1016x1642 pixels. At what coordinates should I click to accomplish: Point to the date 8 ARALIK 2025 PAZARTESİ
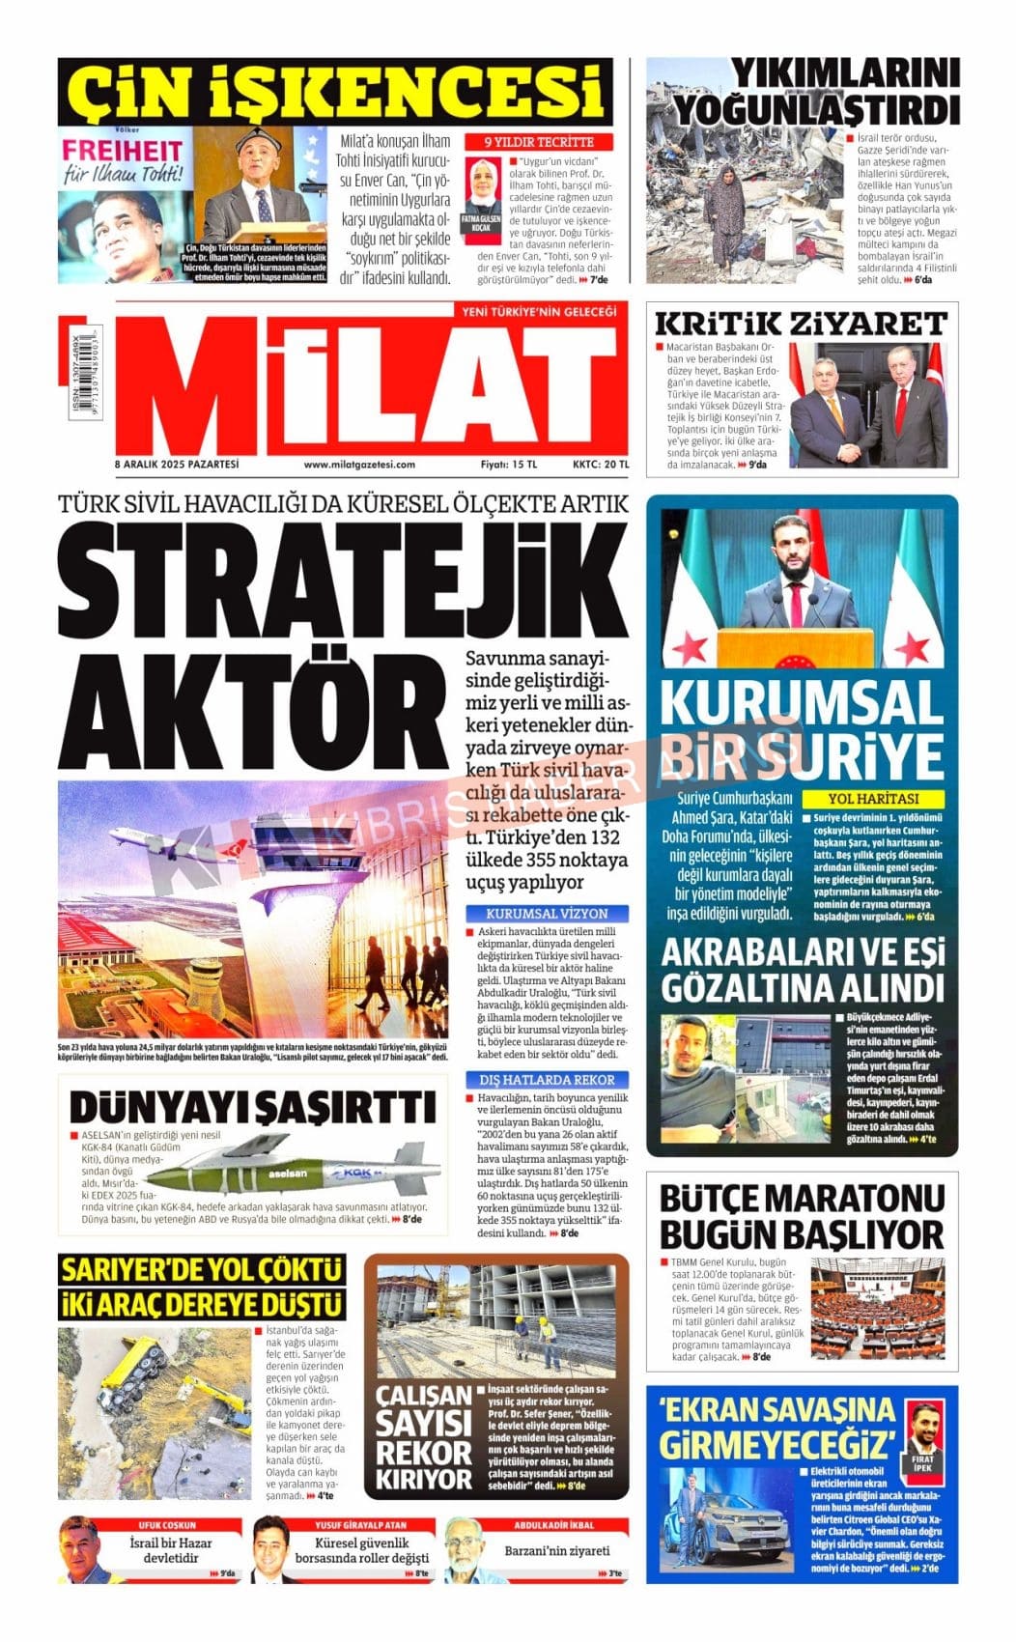click(176, 465)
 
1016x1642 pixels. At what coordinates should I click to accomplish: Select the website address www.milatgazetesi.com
click(359, 465)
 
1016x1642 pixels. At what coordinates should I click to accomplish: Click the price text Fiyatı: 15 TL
click(509, 465)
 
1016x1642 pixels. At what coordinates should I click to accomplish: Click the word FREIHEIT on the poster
click(122, 151)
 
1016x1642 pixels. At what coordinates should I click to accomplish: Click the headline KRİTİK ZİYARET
click(801, 324)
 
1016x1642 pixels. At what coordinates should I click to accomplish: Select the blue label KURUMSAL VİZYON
click(547, 913)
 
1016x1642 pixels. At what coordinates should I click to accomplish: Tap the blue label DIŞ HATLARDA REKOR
click(547, 1080)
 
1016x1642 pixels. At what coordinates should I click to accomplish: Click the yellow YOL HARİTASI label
click(873, 799)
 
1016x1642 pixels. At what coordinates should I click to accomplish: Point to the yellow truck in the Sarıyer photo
click(135, 1374)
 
